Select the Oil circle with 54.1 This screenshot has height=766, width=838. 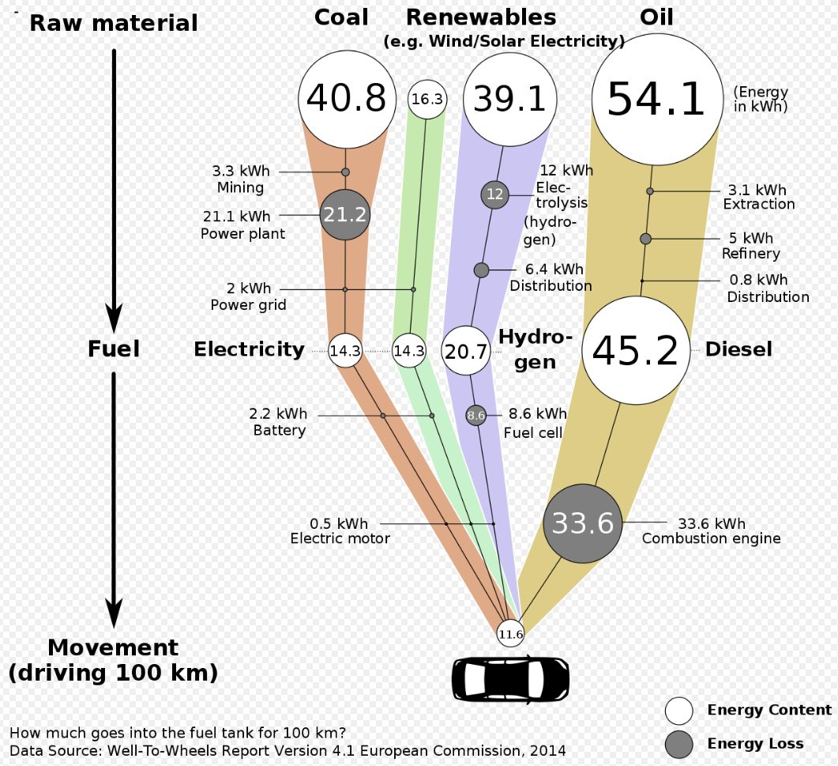click(x=656, y=100)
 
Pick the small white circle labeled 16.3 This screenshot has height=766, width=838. click(x=427, y=100)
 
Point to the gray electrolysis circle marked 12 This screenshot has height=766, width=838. click(x=495, y=194)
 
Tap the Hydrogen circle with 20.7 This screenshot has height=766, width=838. click(x=465, y=351)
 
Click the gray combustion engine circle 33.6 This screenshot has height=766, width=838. click(x=583, y=523)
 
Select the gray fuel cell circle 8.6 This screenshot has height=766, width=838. click(x=475, y=415)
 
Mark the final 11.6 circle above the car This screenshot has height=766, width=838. click(x=510, y=633)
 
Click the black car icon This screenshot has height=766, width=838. click(x=510, y=677)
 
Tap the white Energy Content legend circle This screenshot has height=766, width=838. click(x=679, y=711)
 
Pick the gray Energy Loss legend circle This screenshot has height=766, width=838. click(x=679, y=744)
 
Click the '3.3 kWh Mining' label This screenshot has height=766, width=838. click(x=240, y=179)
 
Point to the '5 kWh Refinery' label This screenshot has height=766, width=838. click(x=750, y=246)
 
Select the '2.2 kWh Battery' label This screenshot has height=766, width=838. click(x=279, y=422)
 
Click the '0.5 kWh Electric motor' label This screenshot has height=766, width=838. click(x=340, y=531)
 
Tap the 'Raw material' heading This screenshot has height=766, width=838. click(x=114, y=24)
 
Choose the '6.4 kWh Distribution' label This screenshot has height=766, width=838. click(x=551, y=278)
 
